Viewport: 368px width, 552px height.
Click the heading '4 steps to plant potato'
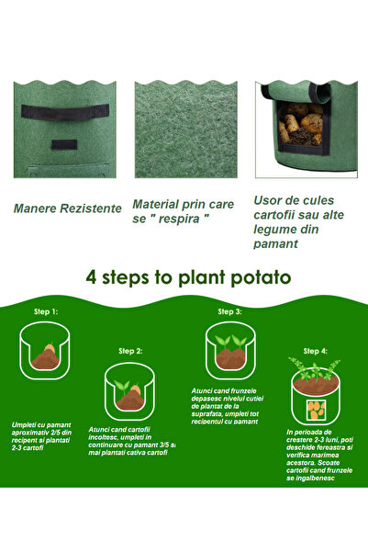188,276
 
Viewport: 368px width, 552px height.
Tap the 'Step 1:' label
47,312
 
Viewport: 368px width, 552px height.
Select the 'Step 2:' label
130,351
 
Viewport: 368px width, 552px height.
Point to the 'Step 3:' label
229,311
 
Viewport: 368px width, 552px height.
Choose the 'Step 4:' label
315,351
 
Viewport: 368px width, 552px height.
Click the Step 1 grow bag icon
45,353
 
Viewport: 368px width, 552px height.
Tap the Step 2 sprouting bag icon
129,390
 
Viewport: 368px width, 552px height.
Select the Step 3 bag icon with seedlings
229,350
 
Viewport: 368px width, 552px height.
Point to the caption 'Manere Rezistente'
68,208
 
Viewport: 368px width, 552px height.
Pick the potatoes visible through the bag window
301,124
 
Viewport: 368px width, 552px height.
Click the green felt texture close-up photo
185,129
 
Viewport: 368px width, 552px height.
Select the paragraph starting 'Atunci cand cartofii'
131,440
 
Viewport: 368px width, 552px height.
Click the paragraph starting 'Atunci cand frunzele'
227,406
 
